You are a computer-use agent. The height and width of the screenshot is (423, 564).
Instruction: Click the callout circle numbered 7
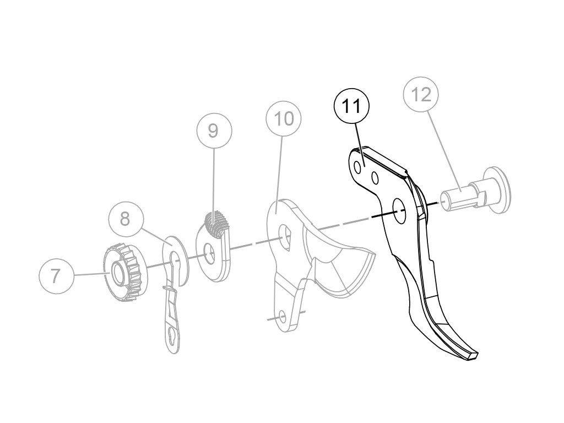(x=56, y=275)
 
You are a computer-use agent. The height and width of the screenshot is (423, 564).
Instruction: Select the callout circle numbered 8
(x=125, y=219)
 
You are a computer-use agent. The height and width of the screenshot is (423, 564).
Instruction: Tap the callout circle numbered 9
(x=214, y=131)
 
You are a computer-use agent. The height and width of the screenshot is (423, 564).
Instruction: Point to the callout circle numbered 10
(x=284, y=118)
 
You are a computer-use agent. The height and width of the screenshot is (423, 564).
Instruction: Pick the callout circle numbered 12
(x=421, y=95)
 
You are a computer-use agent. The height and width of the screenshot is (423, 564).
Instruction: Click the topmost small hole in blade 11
(x=357, y=166)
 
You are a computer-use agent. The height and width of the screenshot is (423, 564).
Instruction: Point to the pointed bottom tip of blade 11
(x=473, y=356)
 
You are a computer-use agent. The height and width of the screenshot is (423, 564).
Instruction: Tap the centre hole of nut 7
(x=117, y=272)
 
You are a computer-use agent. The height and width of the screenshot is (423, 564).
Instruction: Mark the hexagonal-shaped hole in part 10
(x=285, y=235)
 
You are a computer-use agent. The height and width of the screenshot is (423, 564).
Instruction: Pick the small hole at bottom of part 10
(x=282, y=317)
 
